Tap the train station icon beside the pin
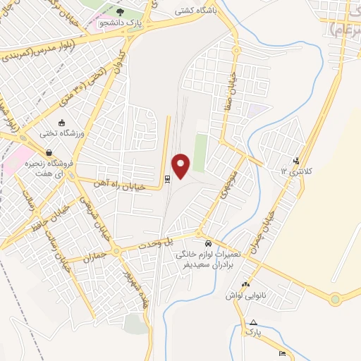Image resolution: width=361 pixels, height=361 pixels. coord(167,179)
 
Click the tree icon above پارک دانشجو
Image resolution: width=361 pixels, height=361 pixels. coord(119,11)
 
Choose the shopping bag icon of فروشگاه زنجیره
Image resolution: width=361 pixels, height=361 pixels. coord(49,152)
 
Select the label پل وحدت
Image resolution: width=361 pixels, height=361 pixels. coord(179,242)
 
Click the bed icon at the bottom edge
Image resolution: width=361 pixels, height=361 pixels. coord(283,353)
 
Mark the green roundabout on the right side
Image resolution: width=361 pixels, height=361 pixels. coord(335,299)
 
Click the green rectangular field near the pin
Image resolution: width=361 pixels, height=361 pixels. coord(200,152)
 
